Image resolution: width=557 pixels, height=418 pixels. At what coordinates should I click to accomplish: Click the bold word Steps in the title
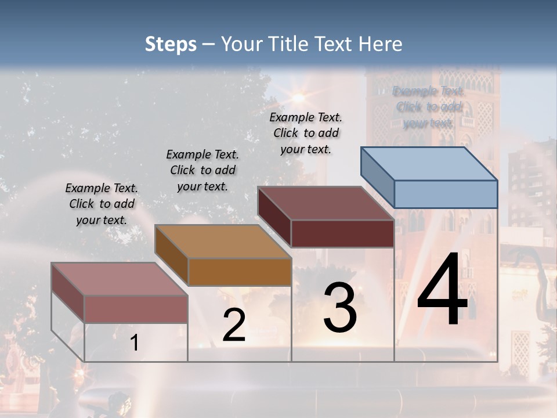[171, 44]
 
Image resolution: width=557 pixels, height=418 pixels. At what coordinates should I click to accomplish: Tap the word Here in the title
[381, 44]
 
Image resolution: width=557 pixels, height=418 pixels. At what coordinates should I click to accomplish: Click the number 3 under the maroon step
[340, 308]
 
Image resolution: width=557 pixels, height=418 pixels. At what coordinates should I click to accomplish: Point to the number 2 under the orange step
[234, 326]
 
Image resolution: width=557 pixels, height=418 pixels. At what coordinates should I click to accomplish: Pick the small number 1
[135, 343]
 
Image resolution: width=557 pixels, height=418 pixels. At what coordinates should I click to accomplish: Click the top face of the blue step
[429, 164]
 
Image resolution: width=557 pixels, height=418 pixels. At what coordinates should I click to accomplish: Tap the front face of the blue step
[446, 194]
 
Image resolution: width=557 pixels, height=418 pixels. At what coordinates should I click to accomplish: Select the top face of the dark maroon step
[325, 203]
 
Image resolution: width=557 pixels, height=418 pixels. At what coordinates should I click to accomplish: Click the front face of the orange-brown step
[240, 272]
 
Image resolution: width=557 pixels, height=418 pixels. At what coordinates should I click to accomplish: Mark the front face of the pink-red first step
[136, 308]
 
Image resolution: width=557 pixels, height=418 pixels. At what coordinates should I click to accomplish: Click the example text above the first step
[102, 204]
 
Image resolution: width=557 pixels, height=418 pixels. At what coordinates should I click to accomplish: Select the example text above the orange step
[202, 170]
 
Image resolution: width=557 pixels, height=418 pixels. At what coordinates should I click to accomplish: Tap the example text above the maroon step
[306, 133]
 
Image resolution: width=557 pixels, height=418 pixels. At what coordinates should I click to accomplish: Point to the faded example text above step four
[428, 107]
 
